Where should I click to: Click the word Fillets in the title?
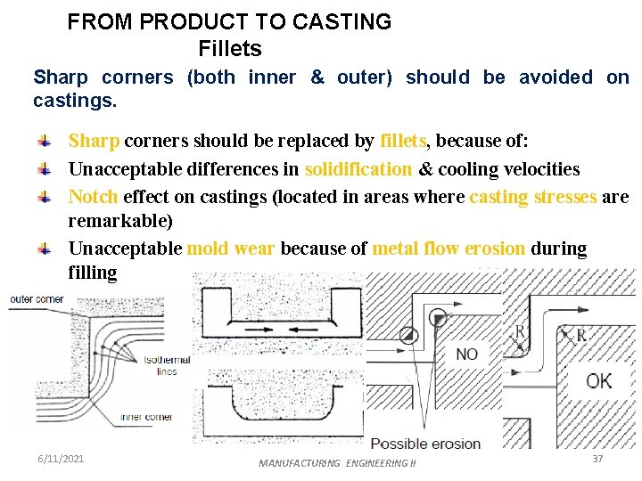pyautogui.click(x=230, y=47)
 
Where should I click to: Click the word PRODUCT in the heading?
pyautogui.click(x=181, y=22)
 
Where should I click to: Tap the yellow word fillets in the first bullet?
pyautogui.click(x=404, y=142)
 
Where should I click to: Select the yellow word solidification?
pyautogui.click(x=358, y=169)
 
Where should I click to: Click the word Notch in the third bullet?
pyautogui.click(x=94, y=197)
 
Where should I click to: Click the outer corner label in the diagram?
pyautogui.click(x=37, y=299)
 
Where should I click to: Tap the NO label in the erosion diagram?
pyautogui.click(x=466, y=355)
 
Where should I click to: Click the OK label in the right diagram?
pyautogui.click(x=598, y=381)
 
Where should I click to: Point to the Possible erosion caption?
pyautogui.click(x=425, y=444)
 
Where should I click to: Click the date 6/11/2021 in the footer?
pyautogui.click(x=61, y=458)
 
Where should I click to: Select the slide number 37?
pyautogui.click(x=597, y=458)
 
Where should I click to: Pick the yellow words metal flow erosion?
pyautogui.click(x=449, y=249)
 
